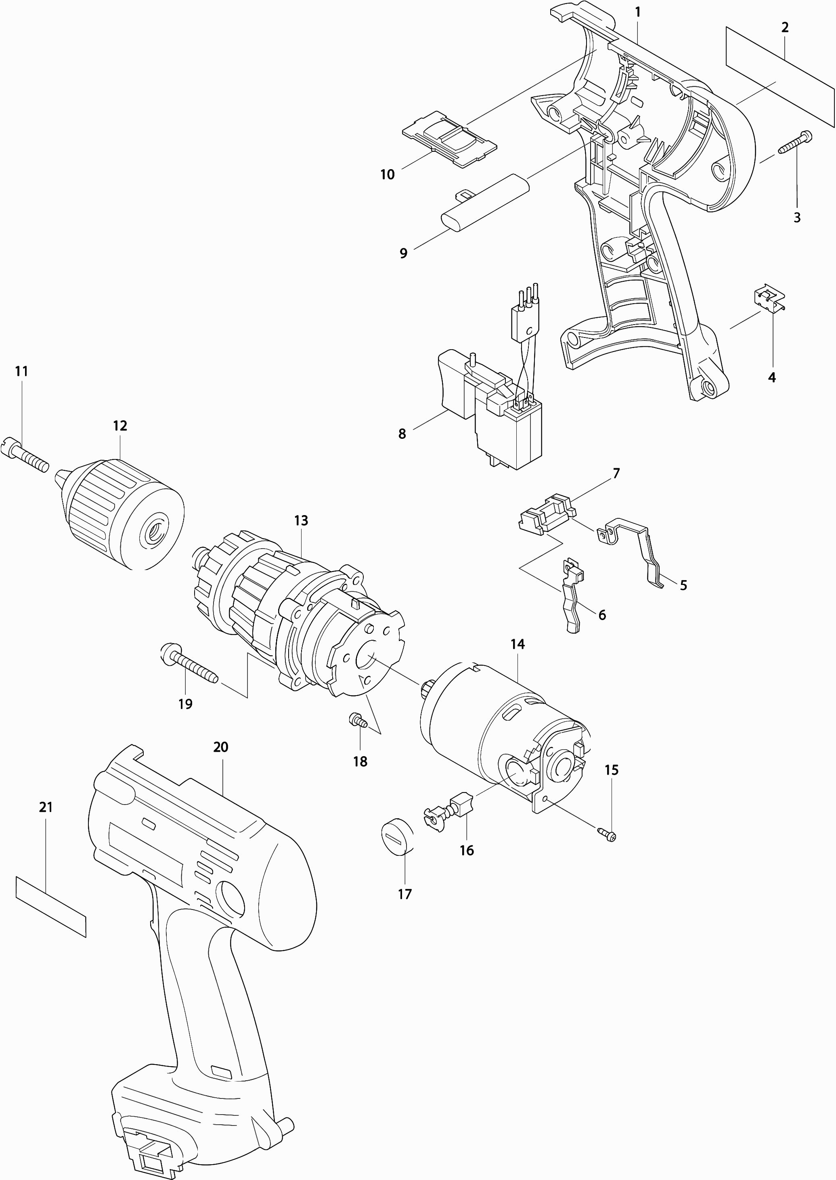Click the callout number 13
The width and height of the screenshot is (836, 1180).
point(301,520)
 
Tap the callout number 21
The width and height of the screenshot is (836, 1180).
point(46,807)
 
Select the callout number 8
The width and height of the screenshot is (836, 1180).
point(402,434)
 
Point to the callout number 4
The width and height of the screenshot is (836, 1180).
point(772,377)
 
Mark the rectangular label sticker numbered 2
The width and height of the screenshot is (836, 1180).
point(780,75)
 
